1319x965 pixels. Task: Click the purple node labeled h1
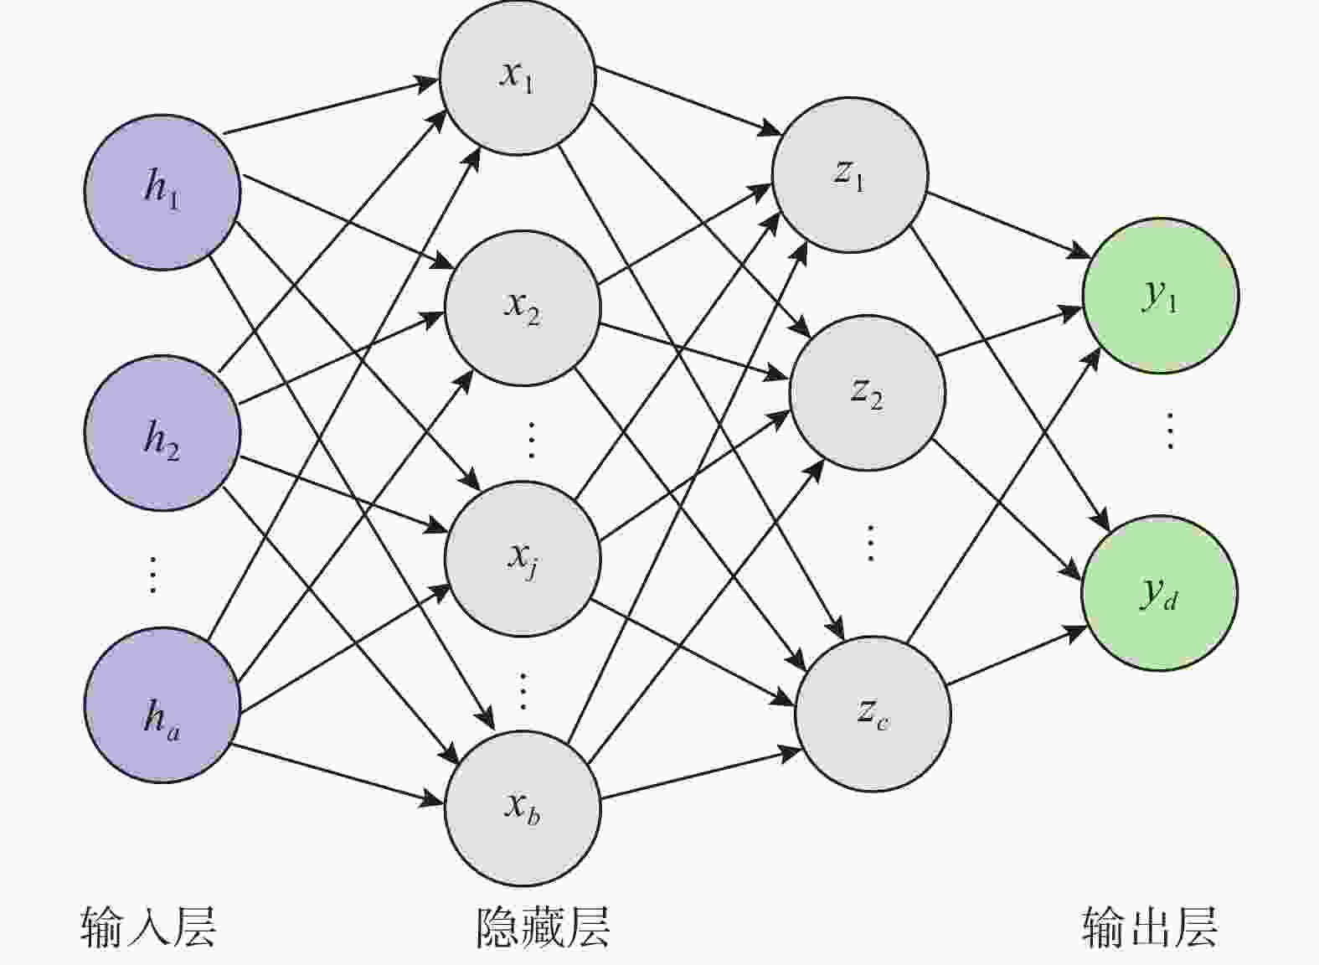162,192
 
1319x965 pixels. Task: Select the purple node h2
162,433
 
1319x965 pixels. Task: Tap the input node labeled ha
162,704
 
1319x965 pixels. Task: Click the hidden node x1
518,77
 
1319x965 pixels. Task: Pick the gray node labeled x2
523,307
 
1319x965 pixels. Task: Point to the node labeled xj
523,558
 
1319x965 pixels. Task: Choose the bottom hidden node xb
523,808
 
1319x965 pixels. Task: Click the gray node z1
849,174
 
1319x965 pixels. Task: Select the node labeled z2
868,392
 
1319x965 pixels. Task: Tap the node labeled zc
873,713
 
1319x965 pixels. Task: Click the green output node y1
1161,295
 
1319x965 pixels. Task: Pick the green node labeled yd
1159,593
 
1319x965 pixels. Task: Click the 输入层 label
149,926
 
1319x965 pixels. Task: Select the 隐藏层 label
543,926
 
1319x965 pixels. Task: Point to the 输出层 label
1149,926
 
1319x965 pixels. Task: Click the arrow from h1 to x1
331,106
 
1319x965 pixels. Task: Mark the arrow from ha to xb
335,774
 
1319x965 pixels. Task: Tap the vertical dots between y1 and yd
1170,431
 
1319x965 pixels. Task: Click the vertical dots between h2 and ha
152,574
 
